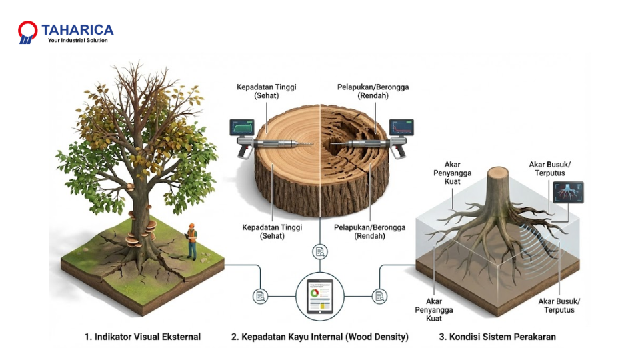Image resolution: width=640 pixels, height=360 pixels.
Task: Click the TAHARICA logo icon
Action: click(27, 33)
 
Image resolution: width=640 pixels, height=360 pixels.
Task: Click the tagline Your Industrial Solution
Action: click(77, 41)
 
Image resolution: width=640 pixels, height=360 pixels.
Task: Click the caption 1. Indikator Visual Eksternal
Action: click(143, 337)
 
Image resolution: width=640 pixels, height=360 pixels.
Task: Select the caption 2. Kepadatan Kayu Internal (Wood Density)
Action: click(319, 337)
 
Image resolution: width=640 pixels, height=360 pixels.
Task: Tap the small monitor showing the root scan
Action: click(569, 193)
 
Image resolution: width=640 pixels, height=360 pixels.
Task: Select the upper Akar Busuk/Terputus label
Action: click(551, 168)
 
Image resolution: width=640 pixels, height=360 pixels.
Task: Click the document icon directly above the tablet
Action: click(319, 251)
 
